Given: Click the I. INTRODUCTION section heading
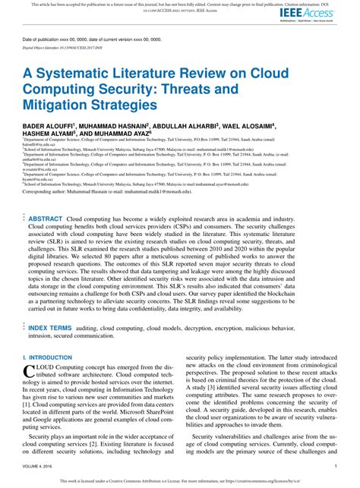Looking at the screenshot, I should (47, 357).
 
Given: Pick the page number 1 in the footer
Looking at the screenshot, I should (335, 467).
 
